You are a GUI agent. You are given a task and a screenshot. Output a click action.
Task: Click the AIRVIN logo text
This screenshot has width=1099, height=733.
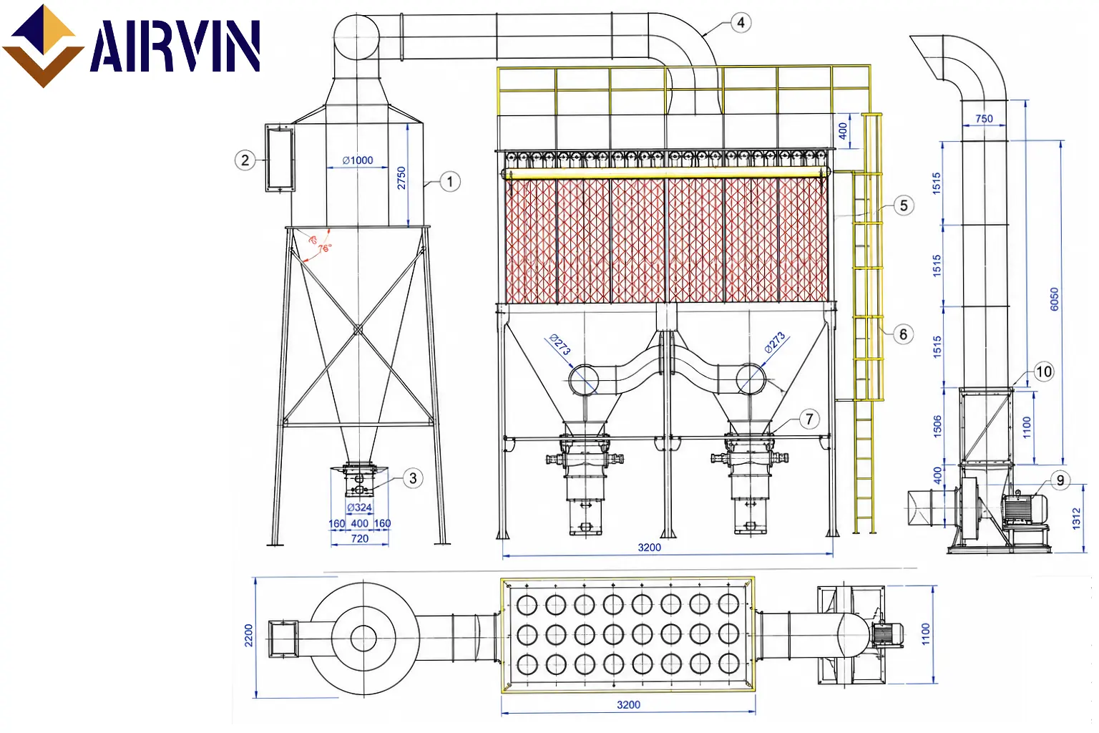pos(175,46)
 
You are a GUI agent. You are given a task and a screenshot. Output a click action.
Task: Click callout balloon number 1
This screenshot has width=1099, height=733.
pos(450,182)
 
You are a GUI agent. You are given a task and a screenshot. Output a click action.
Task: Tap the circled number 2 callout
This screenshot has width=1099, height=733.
pos(245,160)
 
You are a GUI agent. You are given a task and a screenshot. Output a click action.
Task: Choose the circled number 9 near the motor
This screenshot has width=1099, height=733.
pos(1060,480)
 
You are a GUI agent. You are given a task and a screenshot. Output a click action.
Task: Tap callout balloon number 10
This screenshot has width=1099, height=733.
pos(1044,372)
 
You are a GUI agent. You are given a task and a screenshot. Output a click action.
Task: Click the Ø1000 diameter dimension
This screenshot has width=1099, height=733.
pos(358,160)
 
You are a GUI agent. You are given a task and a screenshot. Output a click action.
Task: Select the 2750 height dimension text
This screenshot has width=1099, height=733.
pos(401,178)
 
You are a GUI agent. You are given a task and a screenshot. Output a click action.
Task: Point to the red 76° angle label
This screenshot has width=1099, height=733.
pos(325,248)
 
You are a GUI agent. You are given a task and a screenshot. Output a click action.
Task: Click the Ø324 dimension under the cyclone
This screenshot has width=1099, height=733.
pos(360,508)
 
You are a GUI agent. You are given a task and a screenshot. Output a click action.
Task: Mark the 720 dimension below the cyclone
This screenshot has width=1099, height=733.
pos(360,538)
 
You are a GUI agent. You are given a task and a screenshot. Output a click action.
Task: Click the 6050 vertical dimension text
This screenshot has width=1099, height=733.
pos(1055,299)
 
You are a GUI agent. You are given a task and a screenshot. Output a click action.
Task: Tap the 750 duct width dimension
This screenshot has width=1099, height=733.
pos(984,118)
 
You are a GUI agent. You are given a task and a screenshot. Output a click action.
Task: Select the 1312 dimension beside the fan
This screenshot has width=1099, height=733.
pos(1076,518)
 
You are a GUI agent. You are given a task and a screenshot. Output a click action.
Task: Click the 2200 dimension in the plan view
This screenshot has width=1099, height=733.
pos(249,636)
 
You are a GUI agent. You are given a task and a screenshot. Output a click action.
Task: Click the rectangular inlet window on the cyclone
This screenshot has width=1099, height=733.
pos(280,157)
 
